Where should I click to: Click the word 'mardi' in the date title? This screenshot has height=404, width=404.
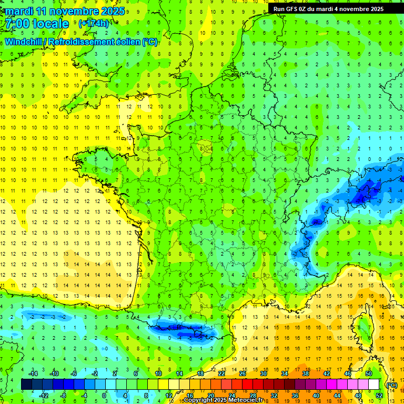19,11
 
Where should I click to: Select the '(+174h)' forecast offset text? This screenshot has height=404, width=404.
93,24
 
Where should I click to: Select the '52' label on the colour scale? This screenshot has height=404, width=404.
379,396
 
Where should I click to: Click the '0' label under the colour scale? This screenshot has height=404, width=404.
104,396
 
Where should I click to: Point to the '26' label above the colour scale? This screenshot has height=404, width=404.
243,373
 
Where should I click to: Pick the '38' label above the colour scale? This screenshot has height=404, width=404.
305,373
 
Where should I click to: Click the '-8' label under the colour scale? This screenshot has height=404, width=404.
63,396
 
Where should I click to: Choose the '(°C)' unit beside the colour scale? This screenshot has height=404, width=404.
392,385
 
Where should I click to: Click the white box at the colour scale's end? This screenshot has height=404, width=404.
373,385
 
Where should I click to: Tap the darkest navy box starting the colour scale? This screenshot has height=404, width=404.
26,385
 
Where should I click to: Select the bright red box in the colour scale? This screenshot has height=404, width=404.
247,385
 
